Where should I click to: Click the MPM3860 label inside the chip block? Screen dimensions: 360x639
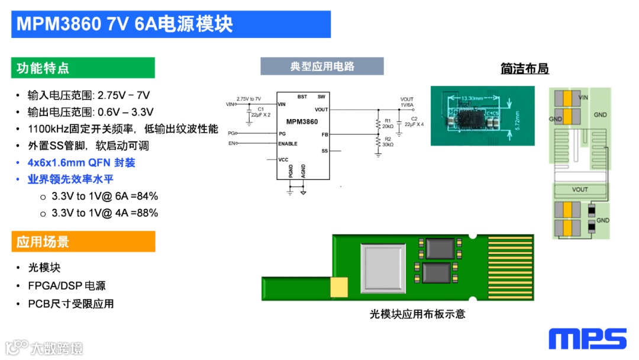click(x=302, y=122)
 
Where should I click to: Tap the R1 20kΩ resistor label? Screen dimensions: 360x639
click(x=388, y=123)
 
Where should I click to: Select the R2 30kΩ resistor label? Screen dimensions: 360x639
click(x=388, y=143)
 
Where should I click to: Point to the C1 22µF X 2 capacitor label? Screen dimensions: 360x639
click(x=261, y=112)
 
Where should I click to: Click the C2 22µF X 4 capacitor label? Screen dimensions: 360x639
click(x=414, y=122)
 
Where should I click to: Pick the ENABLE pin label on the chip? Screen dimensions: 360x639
click(x=288, y=144)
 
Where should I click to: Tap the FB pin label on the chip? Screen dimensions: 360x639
click(x=324, y=135)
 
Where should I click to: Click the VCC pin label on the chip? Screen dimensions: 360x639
click(x=284, y=160)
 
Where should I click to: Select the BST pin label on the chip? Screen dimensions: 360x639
click(x=302, y=97)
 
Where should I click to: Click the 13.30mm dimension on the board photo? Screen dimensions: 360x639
click(x=472, y=98)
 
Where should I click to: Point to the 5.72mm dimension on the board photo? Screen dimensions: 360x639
click(x=517, y=120)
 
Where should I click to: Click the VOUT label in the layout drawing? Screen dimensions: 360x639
click(x=580, y=189)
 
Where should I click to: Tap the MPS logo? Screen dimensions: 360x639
click(x=587, y=339)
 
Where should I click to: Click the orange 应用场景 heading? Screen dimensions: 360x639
click(x=83, y=242)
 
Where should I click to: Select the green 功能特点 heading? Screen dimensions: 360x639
click(x=83, y=68)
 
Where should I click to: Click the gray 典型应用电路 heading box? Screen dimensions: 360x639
click(x=322, y=66)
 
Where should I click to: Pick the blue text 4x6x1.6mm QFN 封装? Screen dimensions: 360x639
click(x=82, y=162)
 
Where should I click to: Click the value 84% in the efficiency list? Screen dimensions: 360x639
click(x=147, y=197)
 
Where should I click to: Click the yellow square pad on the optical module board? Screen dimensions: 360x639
click(x=340, y=288)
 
